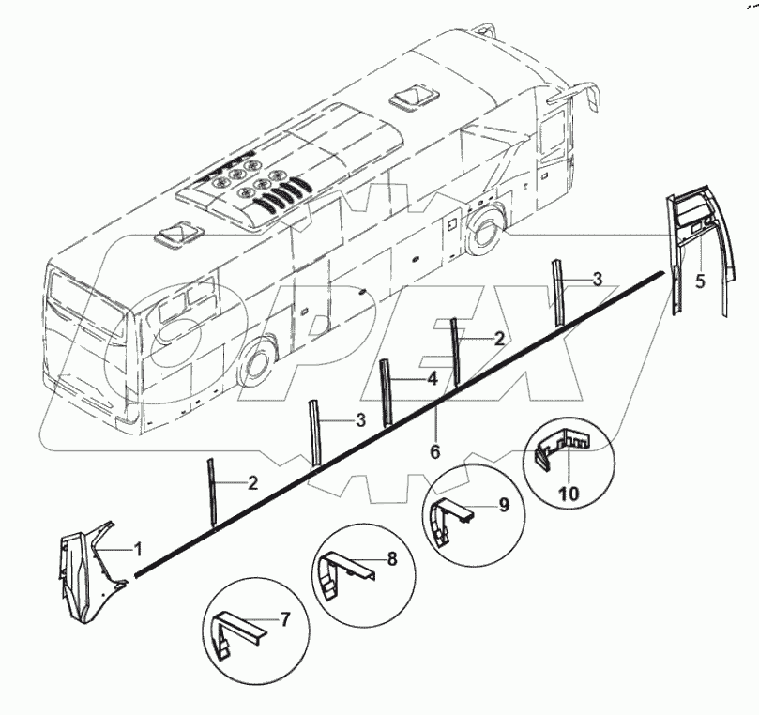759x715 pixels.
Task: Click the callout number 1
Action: tap(138, 550)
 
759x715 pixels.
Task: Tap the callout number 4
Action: tap(433, 378)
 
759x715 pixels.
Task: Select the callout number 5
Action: tap(701, 281)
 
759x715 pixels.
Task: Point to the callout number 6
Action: tap(435, 451)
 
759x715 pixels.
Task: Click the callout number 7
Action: tap(285, 619)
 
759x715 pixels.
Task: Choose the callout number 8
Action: tap(392, 558)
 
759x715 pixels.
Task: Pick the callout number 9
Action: tap(504, 506)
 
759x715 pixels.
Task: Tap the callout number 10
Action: tap(569, 494)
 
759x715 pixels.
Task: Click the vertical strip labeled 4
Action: tap(385, 392)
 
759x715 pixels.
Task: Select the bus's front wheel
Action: tap(482, 233)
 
